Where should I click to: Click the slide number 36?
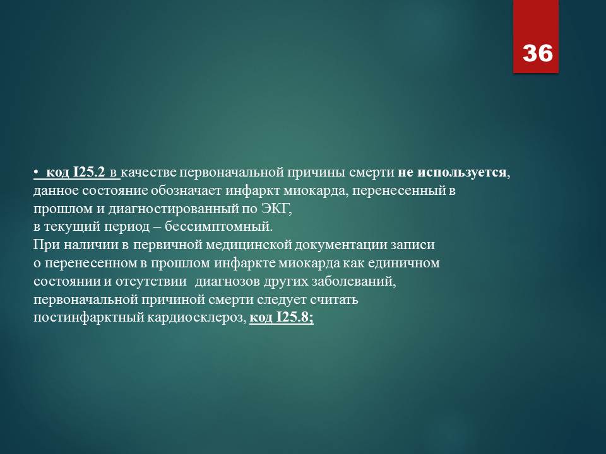tap(538, 53)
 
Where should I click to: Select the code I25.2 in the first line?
tap(89, 172)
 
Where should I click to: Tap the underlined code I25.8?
tap(295, 317)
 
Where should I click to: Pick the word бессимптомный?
tap(219, 226)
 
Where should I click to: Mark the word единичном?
tap(403, 264)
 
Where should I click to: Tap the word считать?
tap(334, 300)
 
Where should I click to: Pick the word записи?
tap(412, 245)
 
